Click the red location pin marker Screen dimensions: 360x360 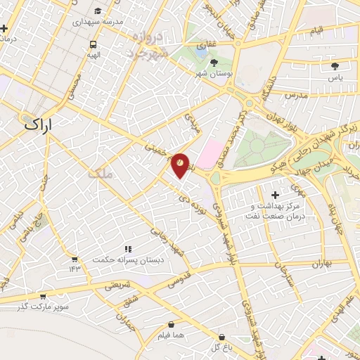coord(181,165)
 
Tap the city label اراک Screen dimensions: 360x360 coord(43,124)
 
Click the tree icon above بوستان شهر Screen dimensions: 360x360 coord(214,63)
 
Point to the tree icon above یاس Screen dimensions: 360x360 coord(335,66)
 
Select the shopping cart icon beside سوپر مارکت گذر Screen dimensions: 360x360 coord(43,297)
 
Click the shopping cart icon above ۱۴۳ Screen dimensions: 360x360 coord(75,257)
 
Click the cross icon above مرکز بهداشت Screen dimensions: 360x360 coord(274,194)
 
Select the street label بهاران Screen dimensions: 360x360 coord(317,264)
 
